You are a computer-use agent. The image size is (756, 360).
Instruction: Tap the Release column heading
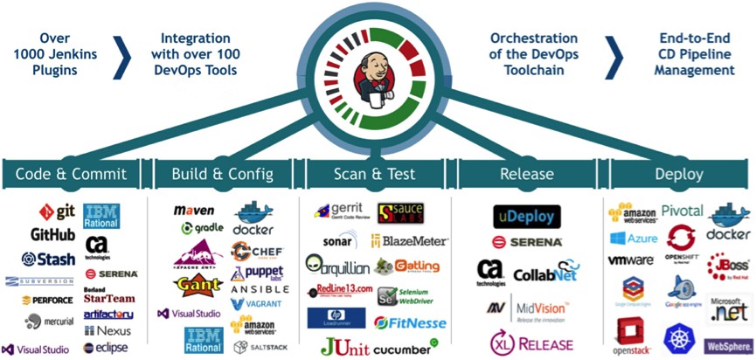527,174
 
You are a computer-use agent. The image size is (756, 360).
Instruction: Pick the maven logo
194,210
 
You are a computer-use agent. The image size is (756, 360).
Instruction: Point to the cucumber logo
405,348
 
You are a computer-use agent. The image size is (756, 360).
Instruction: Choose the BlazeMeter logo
410,239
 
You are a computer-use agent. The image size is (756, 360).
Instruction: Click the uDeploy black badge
526,216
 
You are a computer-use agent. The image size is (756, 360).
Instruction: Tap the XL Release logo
531,343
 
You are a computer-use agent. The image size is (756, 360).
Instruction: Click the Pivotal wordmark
682,211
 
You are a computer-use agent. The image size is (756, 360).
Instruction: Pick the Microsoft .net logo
729,308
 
